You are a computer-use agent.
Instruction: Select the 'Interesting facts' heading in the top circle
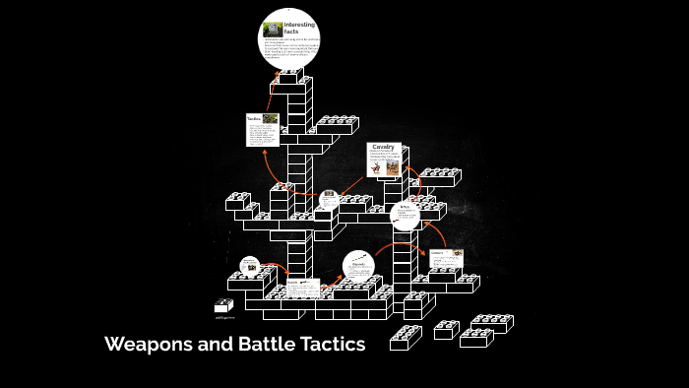pos(298,28)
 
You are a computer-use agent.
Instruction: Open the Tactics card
pos(263,130)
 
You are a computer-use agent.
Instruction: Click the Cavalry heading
pos(383,147)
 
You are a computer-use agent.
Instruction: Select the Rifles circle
pos(406,216)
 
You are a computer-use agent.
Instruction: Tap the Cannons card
pos(445,258)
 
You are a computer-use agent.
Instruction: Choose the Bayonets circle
pos(359,268)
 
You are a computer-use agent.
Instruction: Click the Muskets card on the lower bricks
pos(302,289)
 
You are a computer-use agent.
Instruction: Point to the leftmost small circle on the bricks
pos(249,267)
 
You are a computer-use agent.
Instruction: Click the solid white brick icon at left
pos(223,306)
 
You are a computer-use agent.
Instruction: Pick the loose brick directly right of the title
pos(405,339)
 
